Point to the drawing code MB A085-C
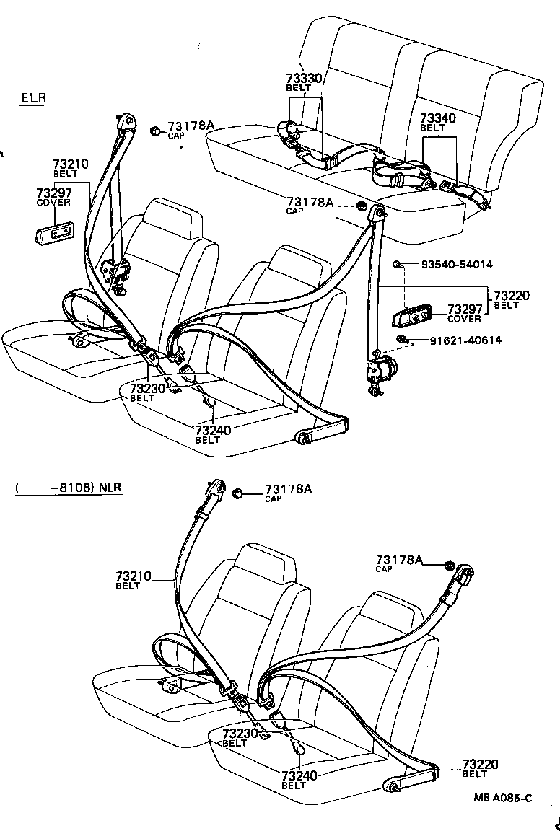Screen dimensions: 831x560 coord(503,797)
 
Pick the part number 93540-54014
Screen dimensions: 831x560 coord(457,265)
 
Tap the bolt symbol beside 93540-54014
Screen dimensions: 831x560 coord(398,265)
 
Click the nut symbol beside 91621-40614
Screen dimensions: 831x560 coord(401,340)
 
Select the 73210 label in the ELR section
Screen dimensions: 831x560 coord(71,164)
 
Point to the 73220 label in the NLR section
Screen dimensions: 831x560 coord(480,764)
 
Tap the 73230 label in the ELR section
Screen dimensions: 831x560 coord(147,388)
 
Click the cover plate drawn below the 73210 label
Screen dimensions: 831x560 coord(54,233)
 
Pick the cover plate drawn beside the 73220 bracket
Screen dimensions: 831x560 coord(412,316)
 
